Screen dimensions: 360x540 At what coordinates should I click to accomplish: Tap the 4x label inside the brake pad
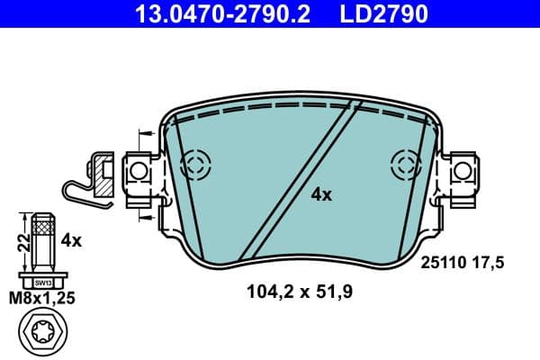pos(321,194)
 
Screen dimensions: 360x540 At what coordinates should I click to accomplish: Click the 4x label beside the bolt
pos(71,240)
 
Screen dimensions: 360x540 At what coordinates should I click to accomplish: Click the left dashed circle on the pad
pos(194,165)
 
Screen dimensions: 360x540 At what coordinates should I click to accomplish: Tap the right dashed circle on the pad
pos(405,165)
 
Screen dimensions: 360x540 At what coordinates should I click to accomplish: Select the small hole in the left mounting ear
pos(139,169)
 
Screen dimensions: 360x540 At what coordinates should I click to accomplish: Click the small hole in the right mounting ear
pos(462,168)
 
